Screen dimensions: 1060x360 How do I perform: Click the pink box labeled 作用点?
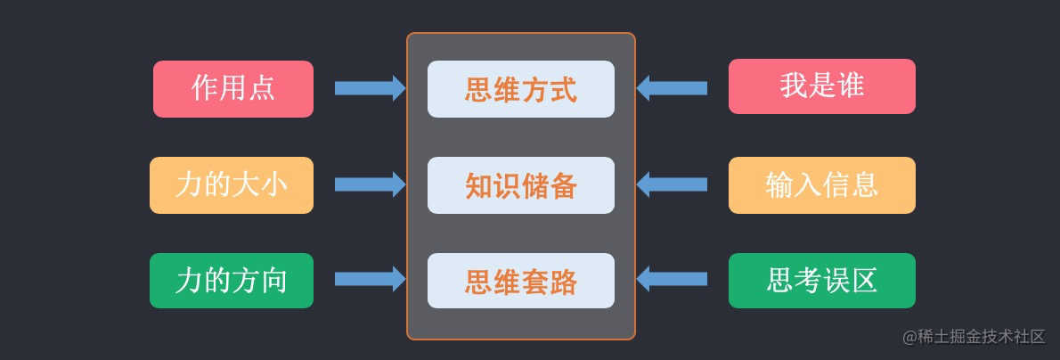point(233,89)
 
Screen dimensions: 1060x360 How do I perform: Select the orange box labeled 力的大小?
point(232,185)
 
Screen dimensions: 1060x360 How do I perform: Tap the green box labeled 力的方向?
point(232,281)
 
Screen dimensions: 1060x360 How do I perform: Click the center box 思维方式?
point(520,89)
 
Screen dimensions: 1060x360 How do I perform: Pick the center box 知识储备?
point(520,185)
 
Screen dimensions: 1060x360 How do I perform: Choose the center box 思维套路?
point(520,281)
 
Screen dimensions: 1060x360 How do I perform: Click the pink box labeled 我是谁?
point(822,86)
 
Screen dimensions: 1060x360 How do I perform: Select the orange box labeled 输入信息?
point(822,185)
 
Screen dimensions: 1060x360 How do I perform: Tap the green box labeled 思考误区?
point(822,281)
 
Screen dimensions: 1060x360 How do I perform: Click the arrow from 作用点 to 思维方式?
point(371,88)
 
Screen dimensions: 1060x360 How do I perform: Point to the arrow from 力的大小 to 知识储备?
point(371,184)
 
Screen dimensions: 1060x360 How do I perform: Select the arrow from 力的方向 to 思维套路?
point(371,279)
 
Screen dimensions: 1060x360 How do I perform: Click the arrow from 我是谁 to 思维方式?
point(672,88)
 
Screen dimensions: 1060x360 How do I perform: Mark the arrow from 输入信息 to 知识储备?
point(672,184)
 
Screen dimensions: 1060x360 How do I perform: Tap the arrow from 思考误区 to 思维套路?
point(672,279)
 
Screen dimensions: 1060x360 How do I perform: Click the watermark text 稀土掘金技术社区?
point(982,336)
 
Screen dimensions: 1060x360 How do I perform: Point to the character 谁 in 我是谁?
point(850,86)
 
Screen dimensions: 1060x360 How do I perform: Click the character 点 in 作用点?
point(261,88)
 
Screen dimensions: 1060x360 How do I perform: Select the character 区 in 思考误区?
point(864,280)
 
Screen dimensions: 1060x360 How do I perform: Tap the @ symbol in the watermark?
point(910,337)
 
